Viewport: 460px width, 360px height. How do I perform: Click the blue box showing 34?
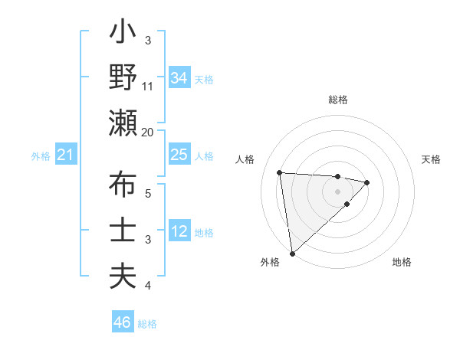(179, 78)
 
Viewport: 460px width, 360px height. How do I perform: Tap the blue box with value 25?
(179, 155)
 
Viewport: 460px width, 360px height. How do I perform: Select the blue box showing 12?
(179, 231)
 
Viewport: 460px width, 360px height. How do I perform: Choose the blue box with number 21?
(65, 155)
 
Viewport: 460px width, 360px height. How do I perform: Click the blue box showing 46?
(122, 322)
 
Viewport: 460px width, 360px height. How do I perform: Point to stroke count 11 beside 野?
(148, 87)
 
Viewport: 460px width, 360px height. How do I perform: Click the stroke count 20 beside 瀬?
(148, 132)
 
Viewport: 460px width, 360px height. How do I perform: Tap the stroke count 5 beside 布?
(148, 194)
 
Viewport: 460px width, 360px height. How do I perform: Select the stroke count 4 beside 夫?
(148, 286)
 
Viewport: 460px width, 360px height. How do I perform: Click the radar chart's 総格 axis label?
(337, 100)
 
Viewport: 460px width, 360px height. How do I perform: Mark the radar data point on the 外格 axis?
(292, 253)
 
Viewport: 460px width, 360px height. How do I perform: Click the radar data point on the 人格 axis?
(280, 172)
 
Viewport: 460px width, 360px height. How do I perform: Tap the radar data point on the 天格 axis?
(367, 182)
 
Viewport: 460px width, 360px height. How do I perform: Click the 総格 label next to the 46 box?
(147, 324)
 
